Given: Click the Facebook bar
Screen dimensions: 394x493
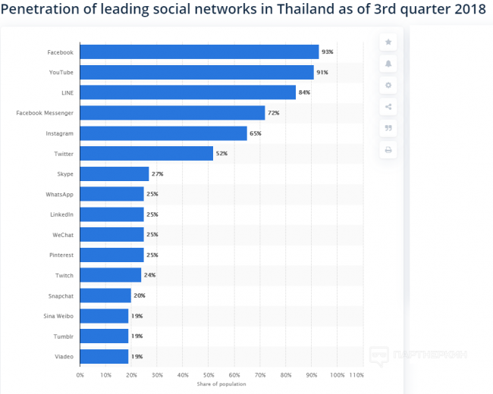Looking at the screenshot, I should pyautogui.click(x=199, y=52).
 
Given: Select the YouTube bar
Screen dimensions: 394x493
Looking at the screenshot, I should pyautogui.click(x=196, y=72).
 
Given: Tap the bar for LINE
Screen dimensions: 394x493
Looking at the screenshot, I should pyautogui.click(x=187, y=92).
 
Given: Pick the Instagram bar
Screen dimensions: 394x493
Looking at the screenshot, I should pyautogui.click(x=163, y=133).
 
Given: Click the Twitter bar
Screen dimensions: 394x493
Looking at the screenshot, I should pyautogui.click(x=146, y=154).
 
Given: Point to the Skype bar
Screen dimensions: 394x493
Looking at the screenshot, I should pyautogui.click(x=115, y=174).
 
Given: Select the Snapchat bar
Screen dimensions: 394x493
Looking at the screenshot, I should pyautogui.click(x=105, y=295).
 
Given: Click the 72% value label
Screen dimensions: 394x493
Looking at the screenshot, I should pyautogui.click(x=274, y=113).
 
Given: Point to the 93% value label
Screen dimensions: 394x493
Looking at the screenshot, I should pyautogui.click(x=328, y=52).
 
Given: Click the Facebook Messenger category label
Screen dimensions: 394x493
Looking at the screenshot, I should pyautogui.click(x=45, y=113).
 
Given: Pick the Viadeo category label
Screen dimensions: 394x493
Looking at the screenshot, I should pyautogui.click(x=64, y=356).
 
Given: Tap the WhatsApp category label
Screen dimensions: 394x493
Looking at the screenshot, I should pyautogui.click(x=59, y=195).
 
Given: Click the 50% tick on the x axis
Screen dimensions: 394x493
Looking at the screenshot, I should pyautogui.click(x=209, y=374).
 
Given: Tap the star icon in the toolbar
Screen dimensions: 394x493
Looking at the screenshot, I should pyautogui.click(x=388, y=42).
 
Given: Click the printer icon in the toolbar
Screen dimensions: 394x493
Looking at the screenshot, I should pyautogui.click(x=388, y=150).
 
